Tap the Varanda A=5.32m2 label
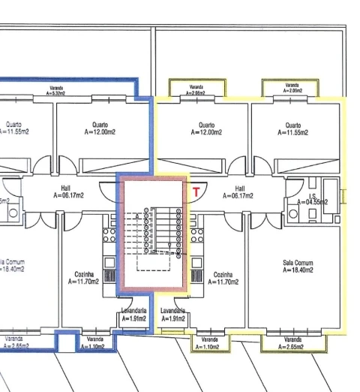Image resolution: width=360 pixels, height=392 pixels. (56, 93)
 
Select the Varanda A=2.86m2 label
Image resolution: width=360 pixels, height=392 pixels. (197, 90)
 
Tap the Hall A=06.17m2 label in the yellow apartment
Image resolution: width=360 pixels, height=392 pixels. (239, 192)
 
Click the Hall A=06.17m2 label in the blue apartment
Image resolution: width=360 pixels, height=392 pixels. (70, 192)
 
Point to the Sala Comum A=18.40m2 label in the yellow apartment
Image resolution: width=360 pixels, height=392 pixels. (298, 267)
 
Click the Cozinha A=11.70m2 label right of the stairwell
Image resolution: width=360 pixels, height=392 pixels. (225, 279)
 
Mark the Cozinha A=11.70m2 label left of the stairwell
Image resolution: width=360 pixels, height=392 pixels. (83, 279)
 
